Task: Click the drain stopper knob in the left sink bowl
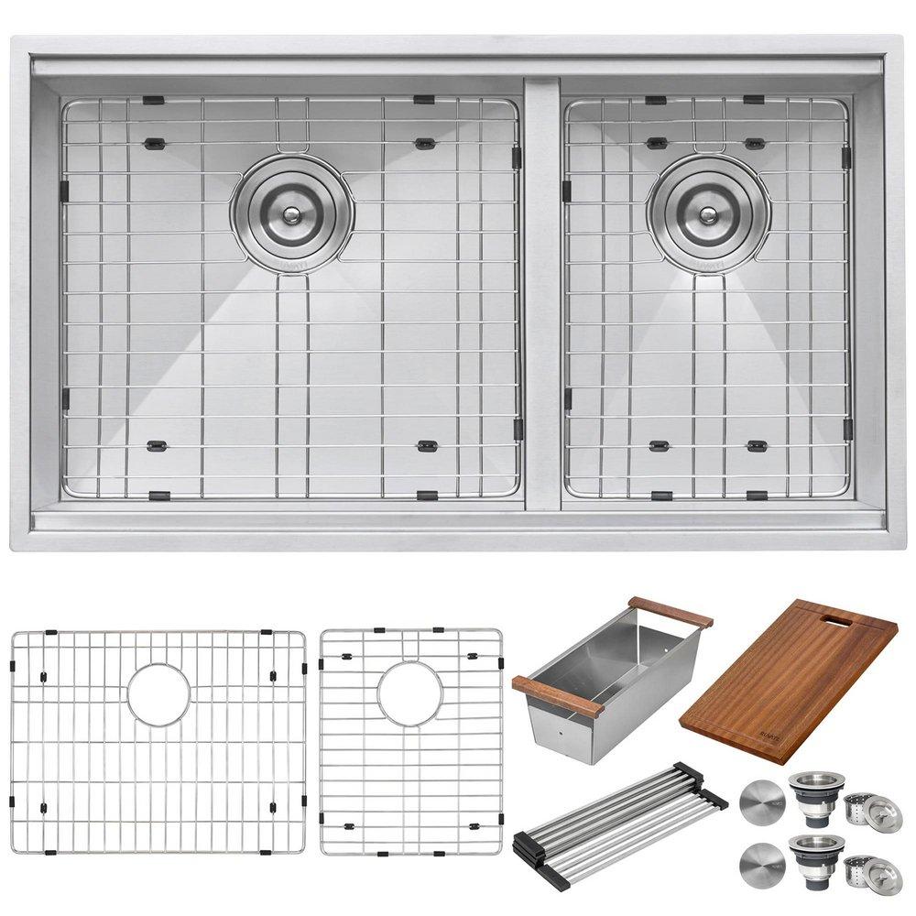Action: [291, 214]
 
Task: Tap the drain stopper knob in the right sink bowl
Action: [708, 214]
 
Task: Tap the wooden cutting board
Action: [788, 678]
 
